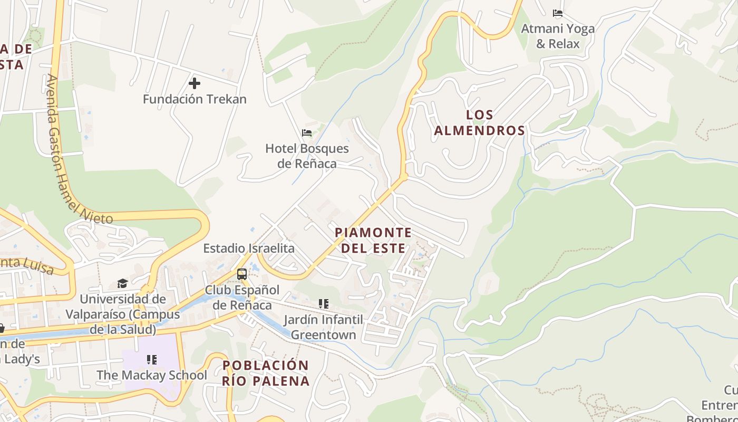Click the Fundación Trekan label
[195, 99]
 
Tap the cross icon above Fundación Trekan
[195, 83]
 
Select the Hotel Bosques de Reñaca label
[307, 156]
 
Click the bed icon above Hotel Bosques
[307, 133]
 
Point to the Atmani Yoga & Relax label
[558, 36]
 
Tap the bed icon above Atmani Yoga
[558, 13]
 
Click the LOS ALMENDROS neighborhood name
[480, 122]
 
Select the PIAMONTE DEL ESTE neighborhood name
[373, 240]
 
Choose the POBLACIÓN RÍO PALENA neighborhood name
[266, 373]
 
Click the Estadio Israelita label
[249, 248]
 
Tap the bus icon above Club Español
[242, 274]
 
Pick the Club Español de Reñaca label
[242, 298]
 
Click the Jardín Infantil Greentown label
[323, 327]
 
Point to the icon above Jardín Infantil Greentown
[323, 304]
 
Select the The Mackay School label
[152, 375]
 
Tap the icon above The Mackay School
[152, 360]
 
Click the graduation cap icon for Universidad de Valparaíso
[122, 283]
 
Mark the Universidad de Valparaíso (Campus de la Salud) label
[122, 314]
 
